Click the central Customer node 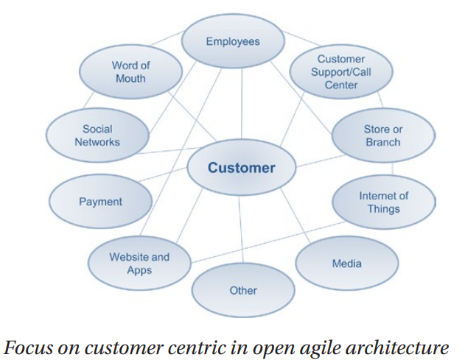[241, 168]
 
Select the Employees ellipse [232, 41]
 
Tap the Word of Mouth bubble [130, 71]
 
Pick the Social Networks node [97, 135]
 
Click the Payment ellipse [100, 201]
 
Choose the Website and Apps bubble [139, 264]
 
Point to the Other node [242, 290]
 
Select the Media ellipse [346, 264]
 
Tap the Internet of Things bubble [383, 202]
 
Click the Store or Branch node [383, 135]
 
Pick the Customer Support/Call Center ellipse [340, 71]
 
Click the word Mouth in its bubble [130, 78]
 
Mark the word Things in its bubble [383, 208]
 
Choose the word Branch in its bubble [383, 142]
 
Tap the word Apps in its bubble [139, 270]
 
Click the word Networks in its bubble [97, 142]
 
